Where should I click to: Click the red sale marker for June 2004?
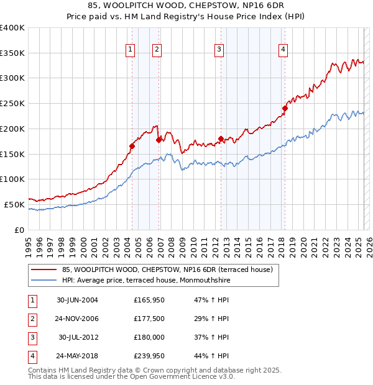click(132, 147)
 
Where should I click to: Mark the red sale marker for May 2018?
click(285, 108)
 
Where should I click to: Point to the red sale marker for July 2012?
click(221, 138)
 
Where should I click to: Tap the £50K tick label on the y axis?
click(15, 204)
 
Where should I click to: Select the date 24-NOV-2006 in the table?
click(76, 319)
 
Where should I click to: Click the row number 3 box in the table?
click(32, 337)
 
